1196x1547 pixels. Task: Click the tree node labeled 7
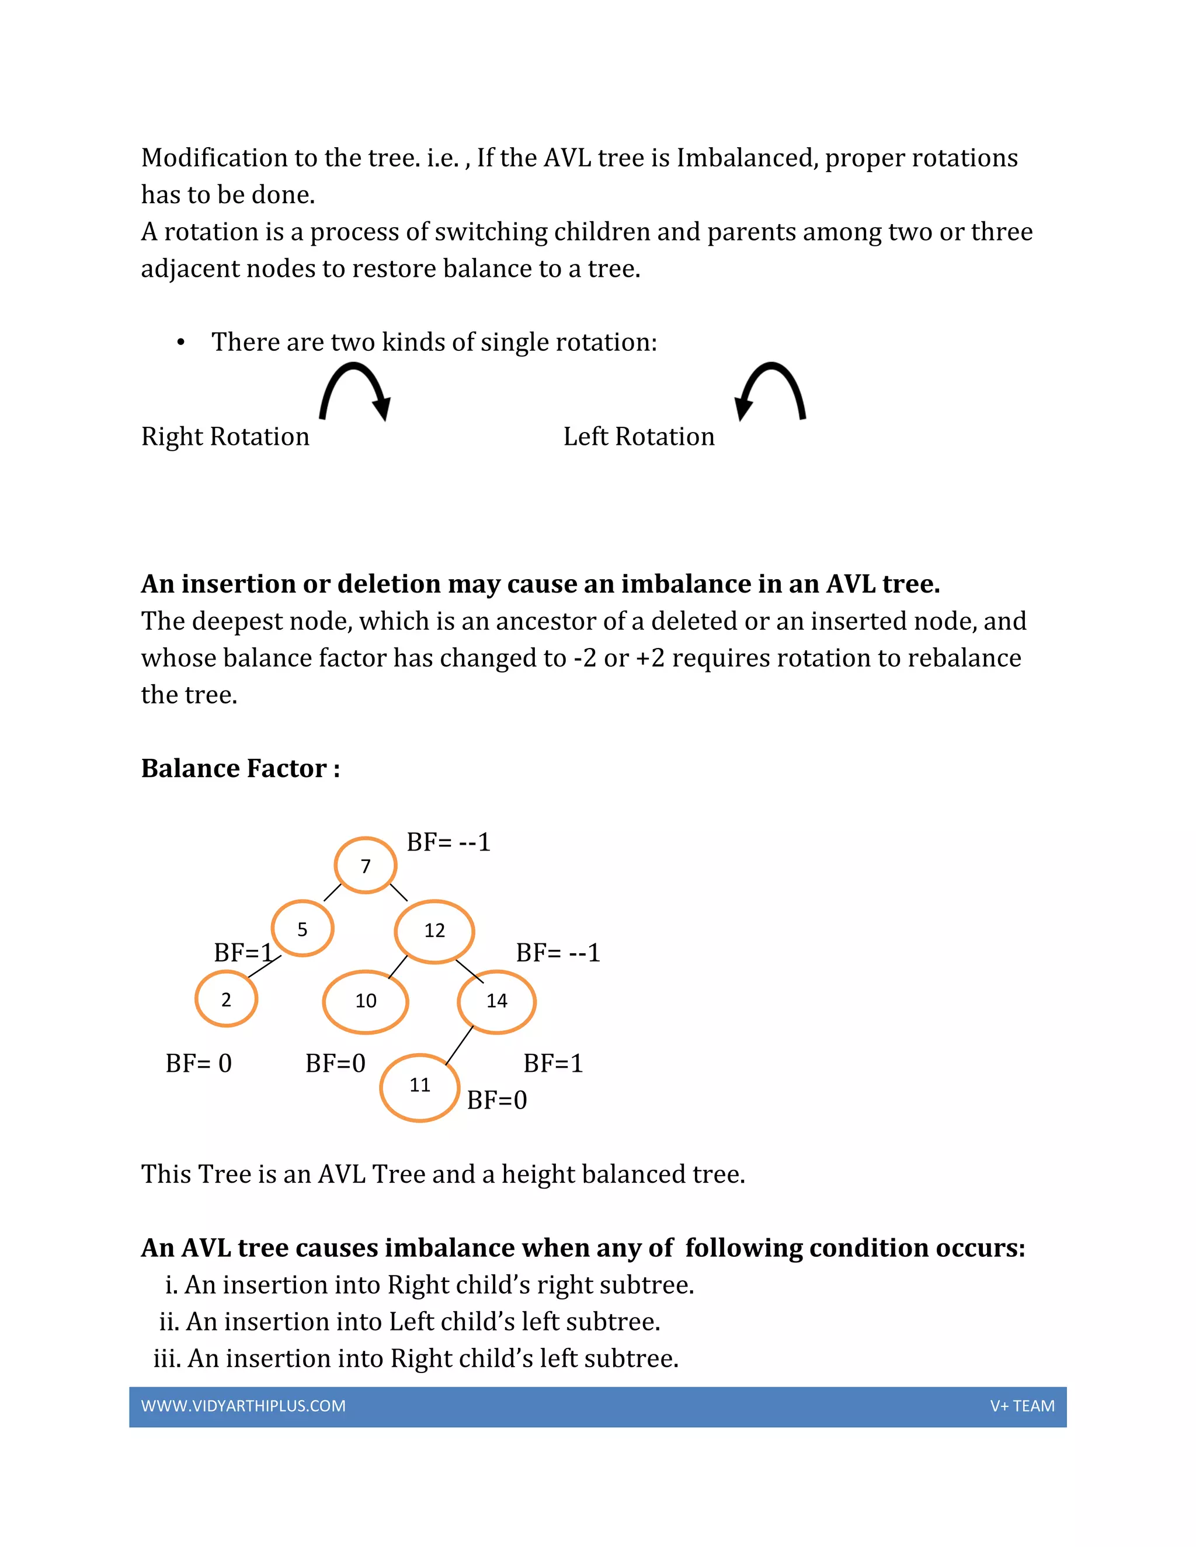366,866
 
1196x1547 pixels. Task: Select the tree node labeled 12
434,931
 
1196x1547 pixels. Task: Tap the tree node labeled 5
303,929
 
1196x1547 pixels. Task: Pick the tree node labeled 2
226,999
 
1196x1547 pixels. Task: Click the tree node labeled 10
366,1001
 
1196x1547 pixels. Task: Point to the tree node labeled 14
497,1001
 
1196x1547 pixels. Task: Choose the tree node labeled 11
420,1085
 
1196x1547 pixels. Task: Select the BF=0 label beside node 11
497,1100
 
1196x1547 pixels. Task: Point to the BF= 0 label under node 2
199,1063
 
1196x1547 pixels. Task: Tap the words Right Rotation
225,436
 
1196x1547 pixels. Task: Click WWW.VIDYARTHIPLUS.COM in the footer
243,1406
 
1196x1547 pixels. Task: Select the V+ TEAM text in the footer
1022,1406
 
